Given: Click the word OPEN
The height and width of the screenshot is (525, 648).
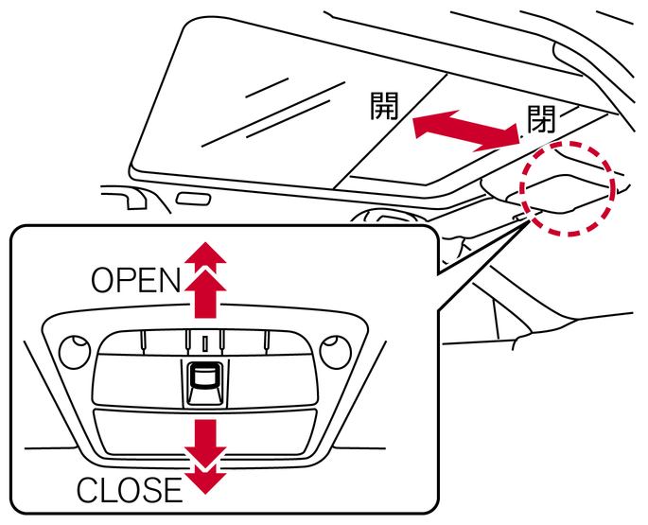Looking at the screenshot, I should point(135,280).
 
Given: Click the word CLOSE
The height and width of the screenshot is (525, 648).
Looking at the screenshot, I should point(129,489).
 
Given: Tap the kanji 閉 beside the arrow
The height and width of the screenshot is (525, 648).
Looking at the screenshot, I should point(541,120).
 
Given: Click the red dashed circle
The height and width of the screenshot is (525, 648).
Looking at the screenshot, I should point(568,187).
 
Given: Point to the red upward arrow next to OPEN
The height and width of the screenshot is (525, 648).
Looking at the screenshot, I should point(204,279).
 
